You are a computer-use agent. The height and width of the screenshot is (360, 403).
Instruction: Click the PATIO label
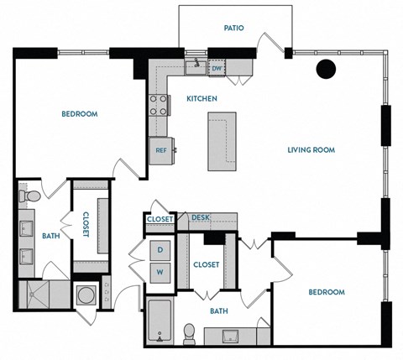(233, 28)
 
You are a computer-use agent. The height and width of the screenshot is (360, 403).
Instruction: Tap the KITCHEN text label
(201, 99)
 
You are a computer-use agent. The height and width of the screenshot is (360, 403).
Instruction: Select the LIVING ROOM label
(311, 150)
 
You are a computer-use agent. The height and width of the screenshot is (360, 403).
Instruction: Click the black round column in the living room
(326, 70)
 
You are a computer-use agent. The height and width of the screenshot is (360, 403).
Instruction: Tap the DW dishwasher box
(217, 68)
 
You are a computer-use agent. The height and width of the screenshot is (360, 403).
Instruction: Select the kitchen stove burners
(158, 105)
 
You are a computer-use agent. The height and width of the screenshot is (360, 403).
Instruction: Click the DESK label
(200, 218)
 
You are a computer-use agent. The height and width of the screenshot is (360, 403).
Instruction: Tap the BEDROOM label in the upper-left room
(80, 114)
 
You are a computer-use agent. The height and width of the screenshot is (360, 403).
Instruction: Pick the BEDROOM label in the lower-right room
(326, 292)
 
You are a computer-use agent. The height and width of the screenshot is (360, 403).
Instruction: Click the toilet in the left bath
(31, 196)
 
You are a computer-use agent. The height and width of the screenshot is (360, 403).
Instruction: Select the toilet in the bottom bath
(191, 332)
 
